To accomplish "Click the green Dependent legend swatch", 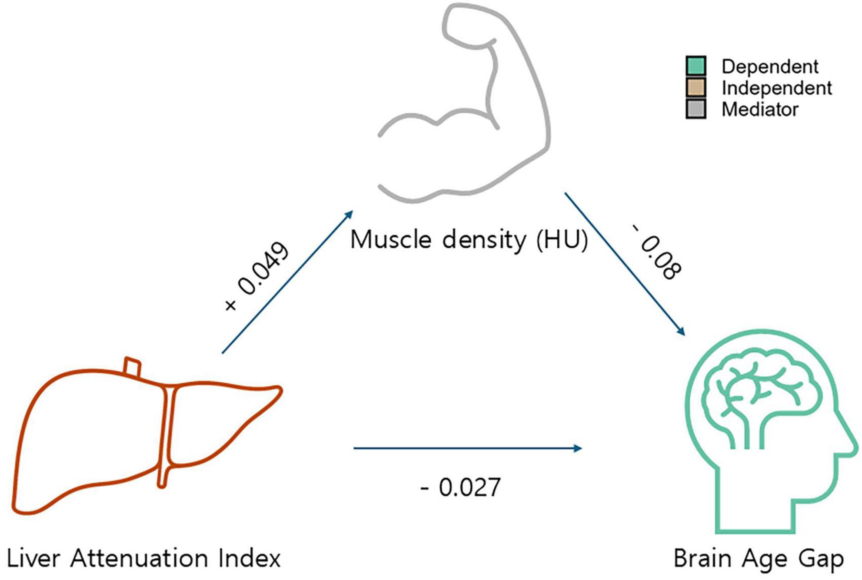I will tap(696, 66).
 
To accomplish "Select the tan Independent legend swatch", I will tap(696, 87).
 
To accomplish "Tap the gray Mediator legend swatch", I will tap(696, 109).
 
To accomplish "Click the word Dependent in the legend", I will tap(769, 66).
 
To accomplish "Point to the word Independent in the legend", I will tap(776, 88).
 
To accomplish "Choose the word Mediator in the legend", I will tap(760, 109).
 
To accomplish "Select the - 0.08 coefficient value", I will tap(656, 252).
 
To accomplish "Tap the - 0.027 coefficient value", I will tap(461, 487).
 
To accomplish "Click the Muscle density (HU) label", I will tap(469, 239).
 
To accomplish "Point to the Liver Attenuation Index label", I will tap(144, 558).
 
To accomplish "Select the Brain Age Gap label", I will tap(758, 558).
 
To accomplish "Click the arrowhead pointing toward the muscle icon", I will tap(349, 214).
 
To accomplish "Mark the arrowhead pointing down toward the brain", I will tap(681, 331).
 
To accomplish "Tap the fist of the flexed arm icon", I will tap(465, 22).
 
